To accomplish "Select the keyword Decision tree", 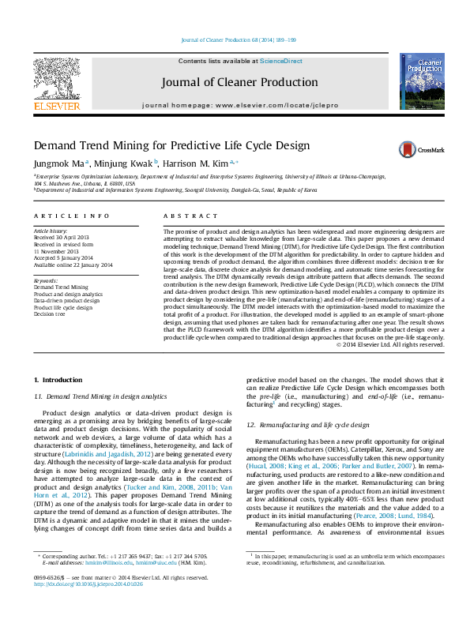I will point(49,313).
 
